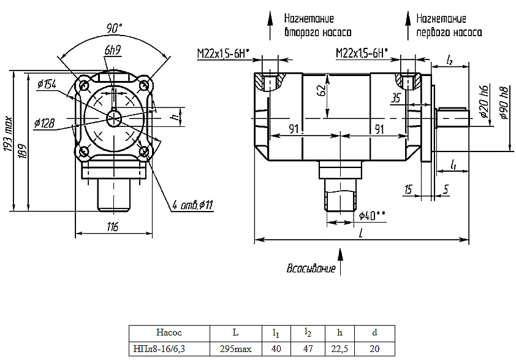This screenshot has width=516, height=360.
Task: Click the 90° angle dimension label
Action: tap(114, 28)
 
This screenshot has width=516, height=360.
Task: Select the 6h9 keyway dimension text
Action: tap(113, 50)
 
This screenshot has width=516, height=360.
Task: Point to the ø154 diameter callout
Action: tap(47, 84)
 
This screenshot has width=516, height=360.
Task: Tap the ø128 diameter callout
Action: tap(44, 123)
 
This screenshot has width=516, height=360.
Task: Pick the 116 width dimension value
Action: tap(113, 226)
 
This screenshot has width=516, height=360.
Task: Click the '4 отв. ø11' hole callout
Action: tap(193, 205)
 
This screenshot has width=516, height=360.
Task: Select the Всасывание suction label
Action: tap(311, 268)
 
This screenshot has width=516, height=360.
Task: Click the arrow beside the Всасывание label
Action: tap(340, 262)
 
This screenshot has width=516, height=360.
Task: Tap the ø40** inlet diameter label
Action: tap(372, 216)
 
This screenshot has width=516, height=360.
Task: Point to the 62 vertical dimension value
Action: tap(323, 90)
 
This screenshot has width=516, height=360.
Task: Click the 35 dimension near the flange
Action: tap(396, 98)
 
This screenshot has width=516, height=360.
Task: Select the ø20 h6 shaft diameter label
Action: tap(484, 101)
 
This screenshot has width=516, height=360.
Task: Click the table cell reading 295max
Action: tap(235, 349)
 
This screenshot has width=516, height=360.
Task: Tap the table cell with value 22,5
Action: tap(340, 349)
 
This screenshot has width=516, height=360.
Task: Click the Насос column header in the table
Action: tap(169, 332)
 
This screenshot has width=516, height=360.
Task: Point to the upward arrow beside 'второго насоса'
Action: tap(270, 26)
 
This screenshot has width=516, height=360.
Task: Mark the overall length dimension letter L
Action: tap(362, 234)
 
